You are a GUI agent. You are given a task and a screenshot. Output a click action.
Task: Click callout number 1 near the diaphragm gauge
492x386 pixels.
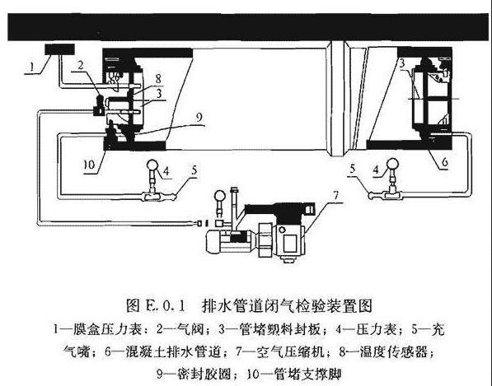tap(30, 67)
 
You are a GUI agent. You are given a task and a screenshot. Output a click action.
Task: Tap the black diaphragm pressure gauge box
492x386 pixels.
tap(59, 49)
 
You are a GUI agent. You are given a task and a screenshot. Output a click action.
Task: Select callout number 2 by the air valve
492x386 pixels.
tap(81, 65)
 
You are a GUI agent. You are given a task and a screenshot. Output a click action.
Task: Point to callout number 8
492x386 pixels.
tap(159, 78)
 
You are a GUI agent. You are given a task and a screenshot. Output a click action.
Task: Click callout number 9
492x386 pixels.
tap(199, 118)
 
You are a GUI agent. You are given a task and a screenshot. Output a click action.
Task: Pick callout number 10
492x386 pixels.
tap(89, 164)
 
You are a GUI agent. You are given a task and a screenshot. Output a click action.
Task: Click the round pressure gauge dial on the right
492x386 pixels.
tap(392, 164)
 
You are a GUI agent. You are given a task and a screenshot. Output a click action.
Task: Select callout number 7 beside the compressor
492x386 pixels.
tap(336, 196)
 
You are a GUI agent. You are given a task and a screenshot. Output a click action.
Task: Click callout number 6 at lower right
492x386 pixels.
tap(445, 162)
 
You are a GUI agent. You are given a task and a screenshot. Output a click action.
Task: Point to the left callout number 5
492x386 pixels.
tap(194, 170)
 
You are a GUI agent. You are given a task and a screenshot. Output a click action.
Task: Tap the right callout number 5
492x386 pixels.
tap(353, 170)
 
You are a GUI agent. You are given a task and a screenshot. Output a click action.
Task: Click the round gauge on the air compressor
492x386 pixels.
tap(219, 197)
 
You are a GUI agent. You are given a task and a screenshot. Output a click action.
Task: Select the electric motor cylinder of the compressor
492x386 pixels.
tap(231, 241)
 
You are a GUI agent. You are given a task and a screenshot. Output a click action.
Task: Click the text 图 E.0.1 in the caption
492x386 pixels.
tap(156, 305)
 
